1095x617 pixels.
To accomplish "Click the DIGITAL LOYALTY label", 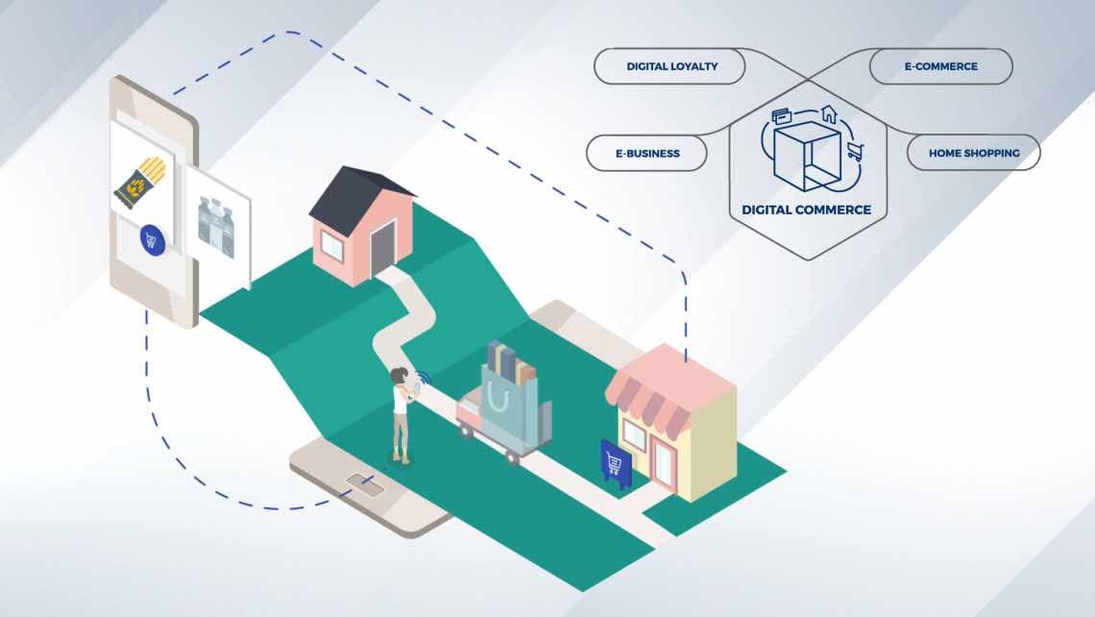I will [671, 67].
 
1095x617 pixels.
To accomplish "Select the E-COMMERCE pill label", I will [940, 67].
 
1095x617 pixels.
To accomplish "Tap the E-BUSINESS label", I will [646, 153].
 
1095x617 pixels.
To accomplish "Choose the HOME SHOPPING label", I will [973, 153].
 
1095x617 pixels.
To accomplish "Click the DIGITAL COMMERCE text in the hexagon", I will [807, 209].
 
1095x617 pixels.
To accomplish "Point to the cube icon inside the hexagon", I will [805, 154].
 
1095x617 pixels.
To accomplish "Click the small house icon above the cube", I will [829, 114].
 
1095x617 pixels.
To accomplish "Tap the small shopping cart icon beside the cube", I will [854, 150].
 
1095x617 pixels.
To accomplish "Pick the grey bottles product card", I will [217, 225].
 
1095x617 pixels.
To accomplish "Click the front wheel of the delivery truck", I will [513, 457].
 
